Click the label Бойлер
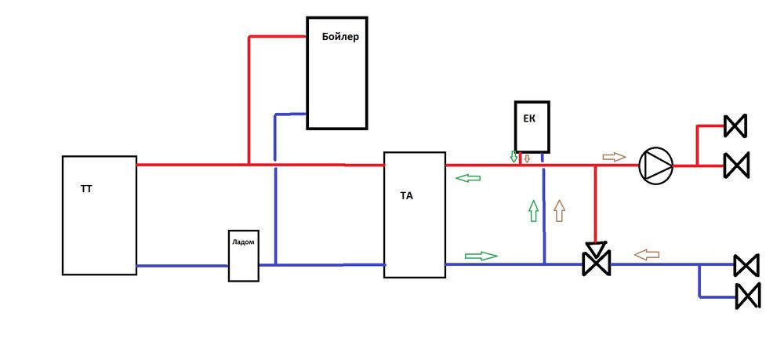pos(339,36)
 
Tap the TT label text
pos(85,189)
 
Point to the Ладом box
pos(243,256)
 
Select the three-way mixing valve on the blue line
pos(597,264)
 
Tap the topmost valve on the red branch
pos(735,125)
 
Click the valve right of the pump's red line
pos(736,165)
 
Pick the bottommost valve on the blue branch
pos(747,295)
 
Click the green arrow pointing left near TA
pos(468,179)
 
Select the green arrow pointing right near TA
pos(481,256)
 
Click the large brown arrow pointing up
pos(559,211)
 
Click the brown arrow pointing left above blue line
pos(647,254)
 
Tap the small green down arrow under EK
pos(514,157)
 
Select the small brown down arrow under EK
pos(527,158)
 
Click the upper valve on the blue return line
pos(746,265)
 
